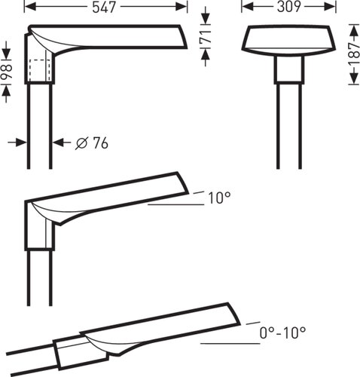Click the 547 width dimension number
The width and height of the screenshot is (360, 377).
[104, 8]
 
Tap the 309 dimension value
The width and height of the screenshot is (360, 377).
[288, 7]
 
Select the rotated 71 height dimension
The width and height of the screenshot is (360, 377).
[206, 37]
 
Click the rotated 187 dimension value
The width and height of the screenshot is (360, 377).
[354, 54]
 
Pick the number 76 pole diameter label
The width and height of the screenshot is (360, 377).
[101, 143]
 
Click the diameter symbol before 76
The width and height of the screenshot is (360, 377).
[82, 143]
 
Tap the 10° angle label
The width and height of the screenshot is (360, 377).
[219, 198]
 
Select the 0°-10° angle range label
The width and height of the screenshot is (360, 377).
[282, 333]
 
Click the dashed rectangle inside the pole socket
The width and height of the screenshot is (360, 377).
[40, 71]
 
